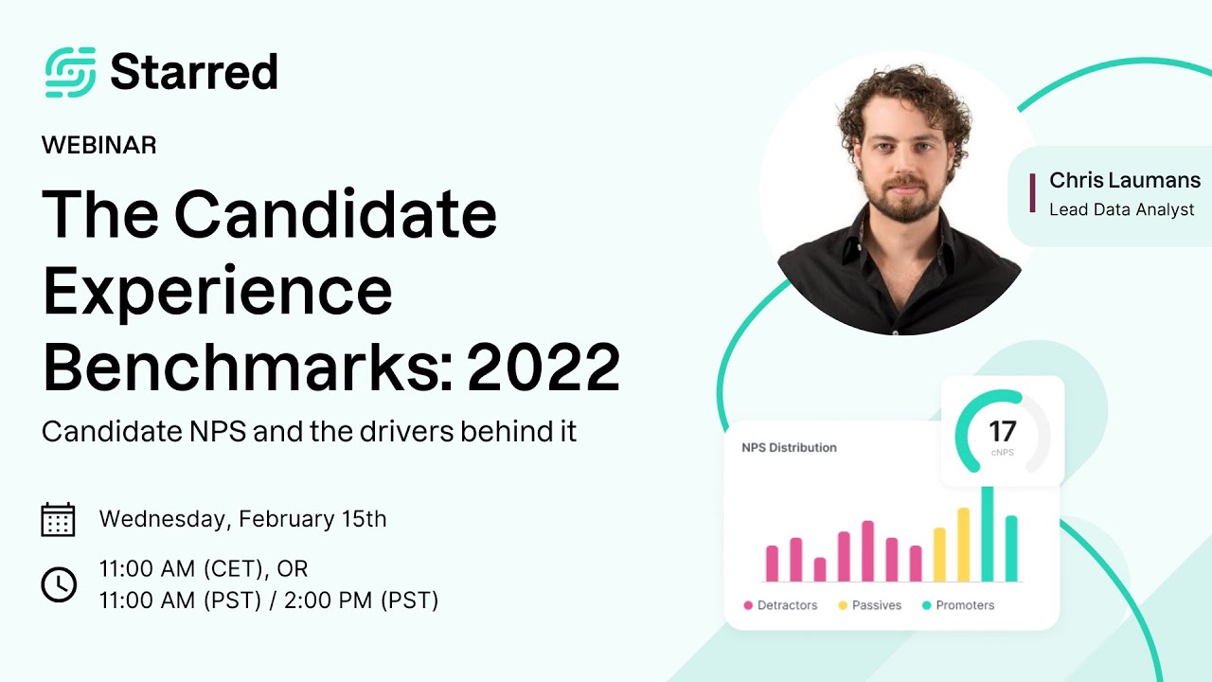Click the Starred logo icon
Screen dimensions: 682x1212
(70, 72)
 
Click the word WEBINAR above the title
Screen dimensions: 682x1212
(99, 145)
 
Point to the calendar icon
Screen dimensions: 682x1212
(59, 519)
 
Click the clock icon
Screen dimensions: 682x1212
(59, 584)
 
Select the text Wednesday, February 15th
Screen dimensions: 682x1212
(242, 519)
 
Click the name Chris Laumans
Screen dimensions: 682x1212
(1124, 180)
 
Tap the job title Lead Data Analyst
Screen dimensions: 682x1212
(1121, 210)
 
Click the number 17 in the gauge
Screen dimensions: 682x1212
(1002, 432)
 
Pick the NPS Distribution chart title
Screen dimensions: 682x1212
(789, 447)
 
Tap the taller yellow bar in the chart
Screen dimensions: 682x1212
(964, 545)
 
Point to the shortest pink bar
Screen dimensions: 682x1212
(820, 569)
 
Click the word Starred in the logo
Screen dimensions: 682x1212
(193, 72)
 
